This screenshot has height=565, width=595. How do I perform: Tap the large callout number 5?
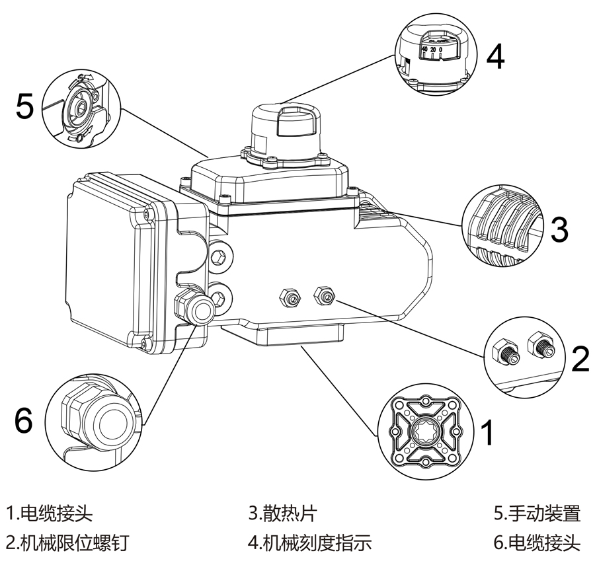[24, 105]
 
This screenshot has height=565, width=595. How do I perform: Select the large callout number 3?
[559, 229]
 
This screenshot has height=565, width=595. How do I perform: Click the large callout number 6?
[23, 420]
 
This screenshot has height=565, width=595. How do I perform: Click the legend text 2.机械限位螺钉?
[67, 543]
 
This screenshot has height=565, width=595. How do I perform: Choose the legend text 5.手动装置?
[537, 513]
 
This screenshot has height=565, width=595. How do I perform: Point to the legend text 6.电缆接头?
[537, 543]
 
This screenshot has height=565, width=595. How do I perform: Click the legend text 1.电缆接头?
[50, 513]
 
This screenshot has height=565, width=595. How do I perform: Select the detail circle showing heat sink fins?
[504, 224]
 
